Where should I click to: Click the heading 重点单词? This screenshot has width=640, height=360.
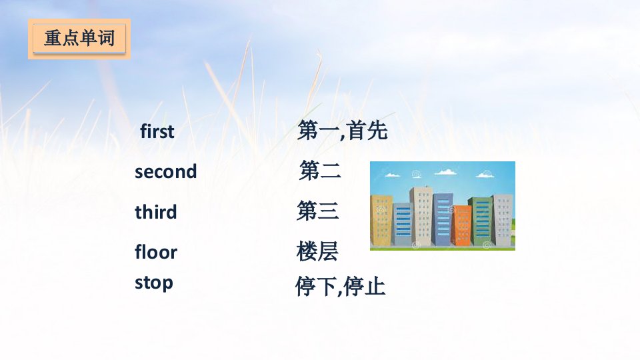click(79, 39)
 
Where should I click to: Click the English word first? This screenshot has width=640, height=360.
click(157, 131)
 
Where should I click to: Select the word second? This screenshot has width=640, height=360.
click(166, 171)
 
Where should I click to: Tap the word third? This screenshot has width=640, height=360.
click(155, 212)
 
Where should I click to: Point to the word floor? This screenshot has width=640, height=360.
click(156, 251)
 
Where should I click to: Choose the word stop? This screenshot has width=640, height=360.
click(154, 283)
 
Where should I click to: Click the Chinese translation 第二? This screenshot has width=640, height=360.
click(320, 170)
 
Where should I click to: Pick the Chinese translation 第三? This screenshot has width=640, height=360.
click(317, 211)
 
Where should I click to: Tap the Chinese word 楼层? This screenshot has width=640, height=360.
click(317, 251)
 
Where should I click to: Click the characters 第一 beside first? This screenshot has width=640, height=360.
click(319, 131)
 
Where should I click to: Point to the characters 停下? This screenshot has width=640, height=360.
click(316, 286)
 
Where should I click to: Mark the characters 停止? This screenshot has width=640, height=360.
click(365, 286)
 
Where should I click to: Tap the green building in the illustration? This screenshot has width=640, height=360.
click(481, 221)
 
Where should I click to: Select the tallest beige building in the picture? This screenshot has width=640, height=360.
click(422, 216)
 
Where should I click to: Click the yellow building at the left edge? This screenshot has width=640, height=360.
click(381, 221)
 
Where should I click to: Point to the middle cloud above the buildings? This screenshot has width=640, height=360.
click(445, 172)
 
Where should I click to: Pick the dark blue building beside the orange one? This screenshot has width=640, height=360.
click(443, 219)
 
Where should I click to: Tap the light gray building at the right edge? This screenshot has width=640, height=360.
click(504, 221)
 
